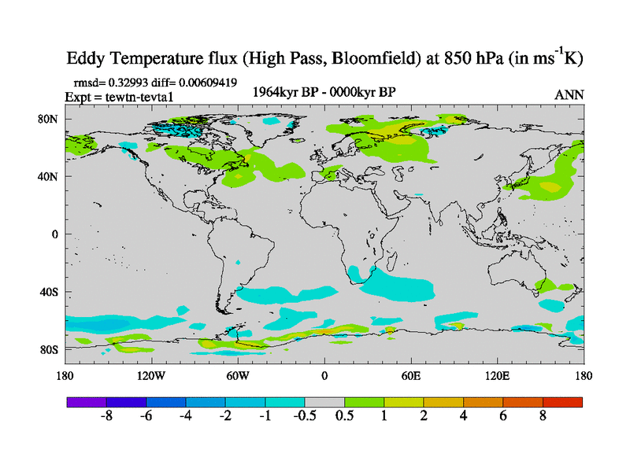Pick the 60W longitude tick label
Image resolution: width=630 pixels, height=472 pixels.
(x=238, y=375)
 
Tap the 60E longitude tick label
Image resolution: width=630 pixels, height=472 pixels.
(x=411, y=375)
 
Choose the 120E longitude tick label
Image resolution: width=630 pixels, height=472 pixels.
(x=497, y=375)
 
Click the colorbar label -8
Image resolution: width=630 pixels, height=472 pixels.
(x=107, y=416)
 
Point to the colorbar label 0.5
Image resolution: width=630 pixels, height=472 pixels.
(x=344, y=416)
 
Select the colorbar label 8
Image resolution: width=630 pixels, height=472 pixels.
(x=543, y=416)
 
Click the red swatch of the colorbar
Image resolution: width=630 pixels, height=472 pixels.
(x=562, y=401)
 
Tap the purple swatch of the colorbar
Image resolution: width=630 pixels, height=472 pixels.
(x=87, y=401)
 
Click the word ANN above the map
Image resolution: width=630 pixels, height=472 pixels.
(x=569, y=94)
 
